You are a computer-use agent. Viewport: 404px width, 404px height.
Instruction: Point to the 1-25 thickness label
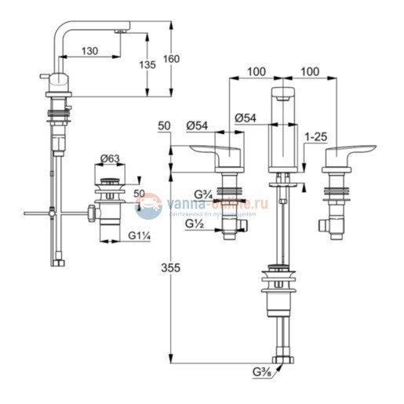click(317, 136)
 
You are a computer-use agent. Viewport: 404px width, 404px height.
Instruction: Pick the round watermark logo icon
click(148, 206)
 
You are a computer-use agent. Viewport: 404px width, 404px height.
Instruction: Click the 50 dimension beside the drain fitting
click(139, 193)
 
